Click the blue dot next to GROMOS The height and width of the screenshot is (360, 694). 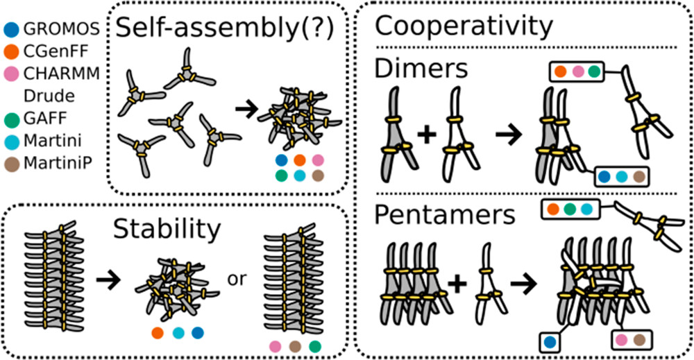coord(12,30)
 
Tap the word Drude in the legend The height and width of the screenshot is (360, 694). coord(44,94)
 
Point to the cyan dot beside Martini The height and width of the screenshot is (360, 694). coord(12,143)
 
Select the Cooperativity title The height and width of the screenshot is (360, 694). coord(464,27)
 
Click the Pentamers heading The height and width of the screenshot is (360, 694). coord(445,214)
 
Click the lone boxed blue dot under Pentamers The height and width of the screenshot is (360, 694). coord(550,341)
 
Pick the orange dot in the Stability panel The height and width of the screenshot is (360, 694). coord(158,332)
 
